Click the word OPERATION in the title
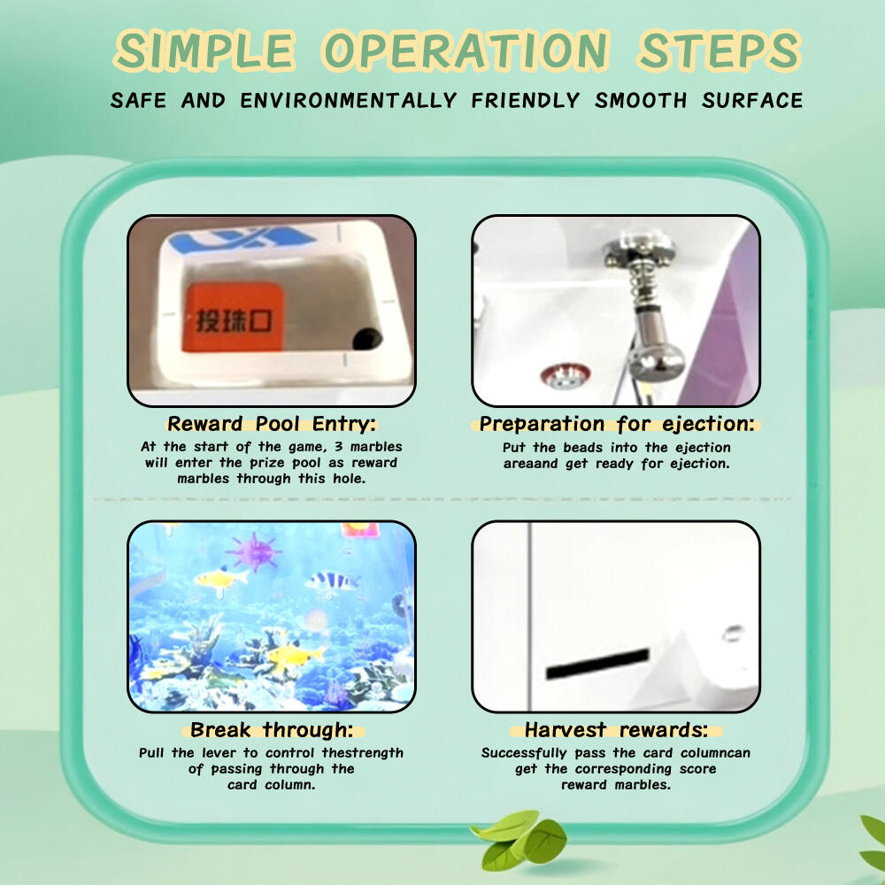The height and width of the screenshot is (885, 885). point(466,50)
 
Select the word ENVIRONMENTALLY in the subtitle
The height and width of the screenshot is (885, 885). point(348,101)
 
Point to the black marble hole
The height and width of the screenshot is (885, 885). point(366,339)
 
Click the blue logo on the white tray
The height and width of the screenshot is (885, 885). point(242,239)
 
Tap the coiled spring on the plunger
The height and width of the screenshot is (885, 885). point(642,285)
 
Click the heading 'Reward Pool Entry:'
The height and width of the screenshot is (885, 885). point(272,423)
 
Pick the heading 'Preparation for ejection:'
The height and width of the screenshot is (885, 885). point(616,423)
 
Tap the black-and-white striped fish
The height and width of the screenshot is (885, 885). point(331,582)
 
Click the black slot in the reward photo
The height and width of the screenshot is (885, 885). point(597,663)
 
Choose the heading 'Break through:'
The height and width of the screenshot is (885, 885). point(272,730)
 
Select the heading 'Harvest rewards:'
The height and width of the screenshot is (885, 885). point(616,730)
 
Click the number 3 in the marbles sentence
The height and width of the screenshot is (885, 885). point(339,447)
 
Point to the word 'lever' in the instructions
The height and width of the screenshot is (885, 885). point(219,753)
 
